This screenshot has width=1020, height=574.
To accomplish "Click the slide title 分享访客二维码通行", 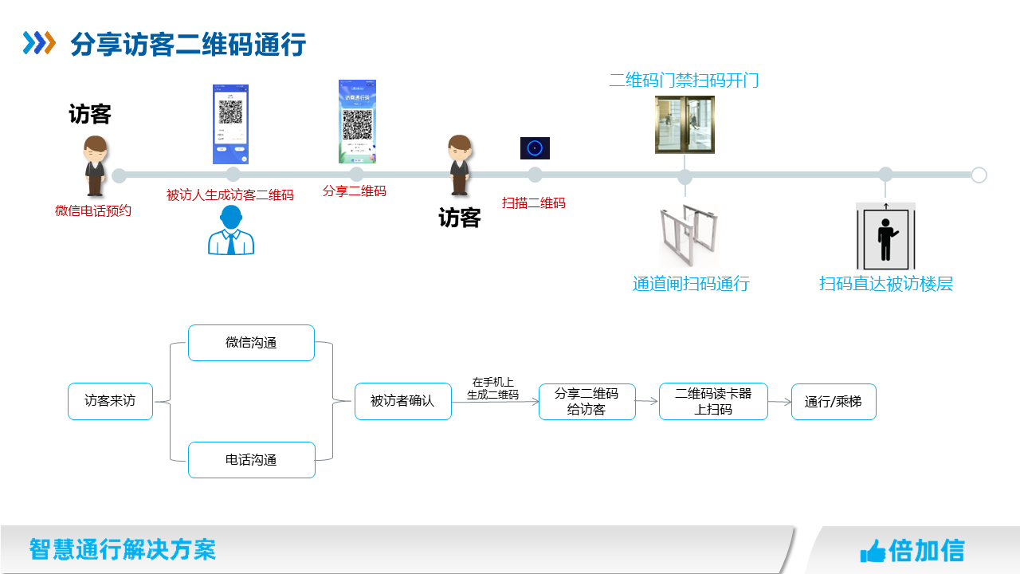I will pos(188,44).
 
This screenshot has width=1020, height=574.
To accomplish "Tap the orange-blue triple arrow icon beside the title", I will pos(39,42).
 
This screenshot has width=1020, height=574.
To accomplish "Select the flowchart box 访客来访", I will pos(110,401).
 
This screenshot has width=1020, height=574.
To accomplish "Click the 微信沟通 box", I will pos(251,343).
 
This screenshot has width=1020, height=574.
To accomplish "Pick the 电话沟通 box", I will pos(251,460).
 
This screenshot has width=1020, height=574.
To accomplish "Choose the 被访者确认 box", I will pos(402,401).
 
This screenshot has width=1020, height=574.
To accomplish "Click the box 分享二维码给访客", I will pos(586,402).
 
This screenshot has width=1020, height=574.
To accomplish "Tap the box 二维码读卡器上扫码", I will pos(713,401).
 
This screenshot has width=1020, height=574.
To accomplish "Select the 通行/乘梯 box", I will pos(833,402).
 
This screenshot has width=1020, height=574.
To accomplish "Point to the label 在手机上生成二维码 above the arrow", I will pos(492,388).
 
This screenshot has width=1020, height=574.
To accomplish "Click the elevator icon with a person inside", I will pos(885,236).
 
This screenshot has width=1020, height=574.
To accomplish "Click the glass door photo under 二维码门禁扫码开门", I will pos(685,124).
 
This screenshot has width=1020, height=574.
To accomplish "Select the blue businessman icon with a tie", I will pos(231,230).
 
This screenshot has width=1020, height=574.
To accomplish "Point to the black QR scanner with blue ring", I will pos(535,148).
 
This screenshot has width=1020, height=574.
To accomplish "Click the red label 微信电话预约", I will pos(93,211).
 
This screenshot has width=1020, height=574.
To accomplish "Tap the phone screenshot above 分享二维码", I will pos(357,121).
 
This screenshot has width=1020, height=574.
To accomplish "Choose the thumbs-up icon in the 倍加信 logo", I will pos(873,551).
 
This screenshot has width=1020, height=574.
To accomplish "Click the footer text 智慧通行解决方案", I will pos(123,549).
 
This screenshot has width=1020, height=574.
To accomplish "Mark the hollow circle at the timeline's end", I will pos(979,175).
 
